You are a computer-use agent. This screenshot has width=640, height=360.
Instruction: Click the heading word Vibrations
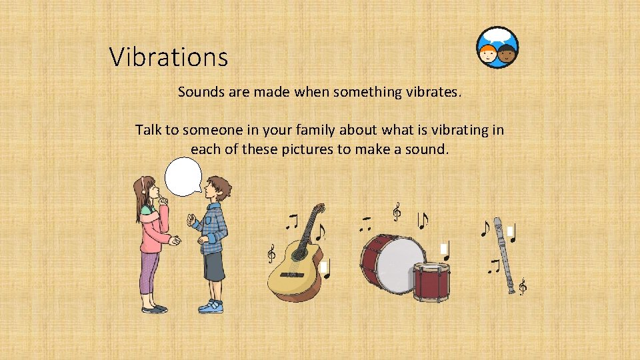click(x=169, y=57)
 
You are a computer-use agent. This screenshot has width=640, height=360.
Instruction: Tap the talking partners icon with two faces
click(x=497, y=48)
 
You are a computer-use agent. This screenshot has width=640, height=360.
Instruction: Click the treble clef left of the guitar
click(x=271, y=254)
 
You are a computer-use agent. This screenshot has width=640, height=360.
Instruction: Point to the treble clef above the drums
click(x=397, y=212)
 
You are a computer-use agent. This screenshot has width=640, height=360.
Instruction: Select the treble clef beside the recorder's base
click(x=523, y=287)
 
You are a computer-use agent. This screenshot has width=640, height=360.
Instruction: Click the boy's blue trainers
click(x=211, y=306)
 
